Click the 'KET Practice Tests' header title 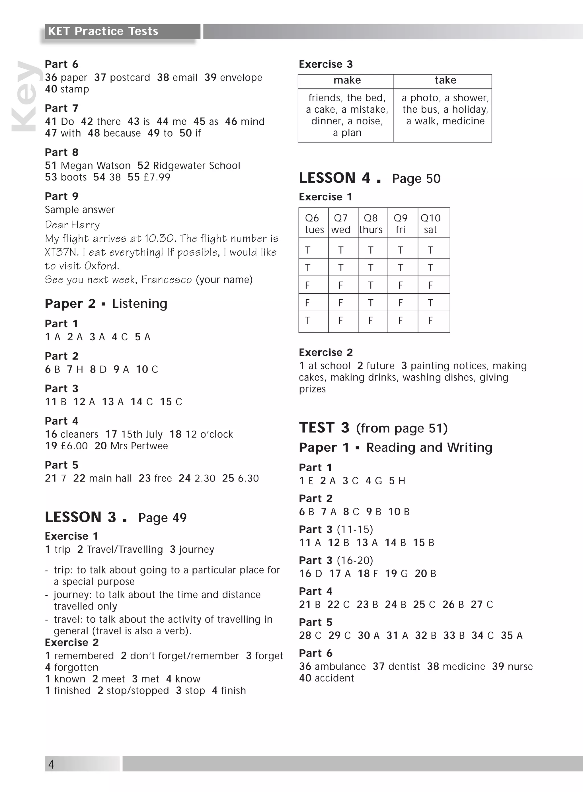click(103, 31)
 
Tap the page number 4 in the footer click(51, 764)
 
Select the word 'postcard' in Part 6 click(130, 78)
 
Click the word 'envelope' click(241, 78)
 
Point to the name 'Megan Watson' click(96, 165)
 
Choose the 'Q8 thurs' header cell click(371, 224)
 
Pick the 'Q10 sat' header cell click(430, 224)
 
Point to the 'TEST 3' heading click(324, 428)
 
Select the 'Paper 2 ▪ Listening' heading click(106, 304)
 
